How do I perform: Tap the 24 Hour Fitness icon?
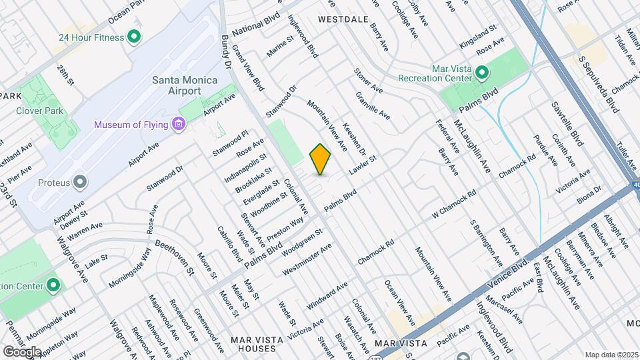click(x=134, y=37)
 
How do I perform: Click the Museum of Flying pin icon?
click(x=177, y=125)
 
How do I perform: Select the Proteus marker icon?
click(x=80, y=182)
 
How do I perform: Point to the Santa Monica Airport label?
click(x=176, y=85)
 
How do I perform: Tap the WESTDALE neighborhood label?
click(x=343, y=19)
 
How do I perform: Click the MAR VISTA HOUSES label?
click(x=253, y=344)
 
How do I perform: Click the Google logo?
click(x=22, y=351)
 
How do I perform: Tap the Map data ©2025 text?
click(x=611, y=355)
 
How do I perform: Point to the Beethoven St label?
click(x=175, y=258)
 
